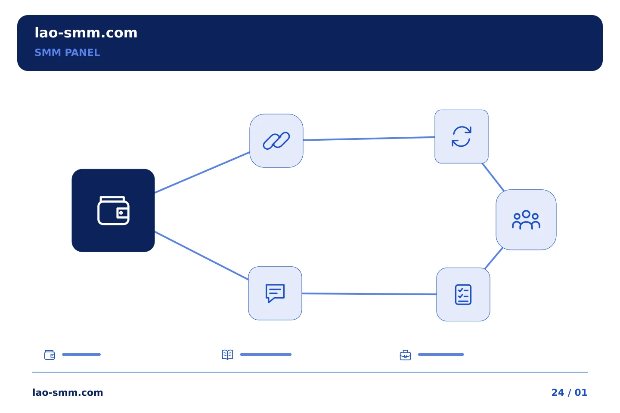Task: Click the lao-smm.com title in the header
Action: (x=86, y=33)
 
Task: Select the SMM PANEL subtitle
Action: (x=67, y=52)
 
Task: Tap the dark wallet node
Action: (x=113, y=210)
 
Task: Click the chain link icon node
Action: (x=276, y=141)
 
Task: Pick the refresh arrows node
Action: (x=462, y=137)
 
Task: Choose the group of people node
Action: (x=526, y=220)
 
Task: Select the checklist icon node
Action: (x=463, y=294)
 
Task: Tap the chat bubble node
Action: (x=275, y=293)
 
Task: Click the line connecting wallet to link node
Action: (x=202, y=173)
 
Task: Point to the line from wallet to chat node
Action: (x=201, y=256)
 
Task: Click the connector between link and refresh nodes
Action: (x=369, y=139)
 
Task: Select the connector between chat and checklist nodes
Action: (x=369, y=294)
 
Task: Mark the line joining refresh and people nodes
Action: (x=493, y=177)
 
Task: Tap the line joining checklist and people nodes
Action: (x=493, y=259)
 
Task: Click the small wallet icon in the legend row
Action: (x=50, y=354)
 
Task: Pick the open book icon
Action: (x=227, y=354)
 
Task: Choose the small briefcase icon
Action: (x=406, y=355)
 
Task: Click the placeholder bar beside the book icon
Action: (x=266, y=354)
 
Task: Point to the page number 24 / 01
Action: (x=569, y=392)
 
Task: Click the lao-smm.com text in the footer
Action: (x=68, y=392)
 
